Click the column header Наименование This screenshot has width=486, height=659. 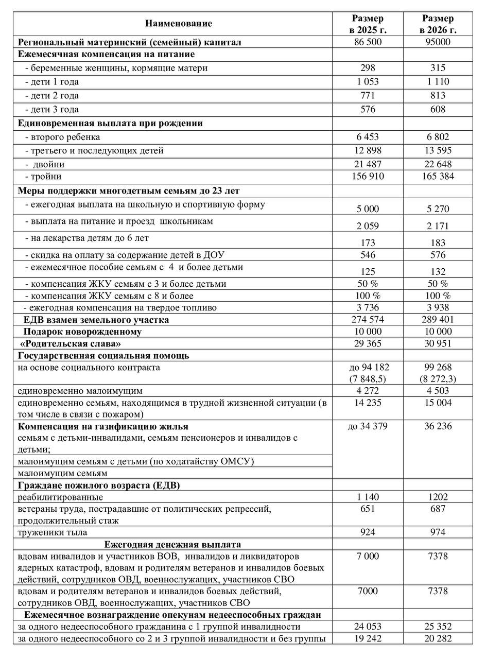(178, 24)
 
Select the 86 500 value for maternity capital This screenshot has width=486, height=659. (368, 42)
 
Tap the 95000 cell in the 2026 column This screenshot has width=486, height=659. (438, 42)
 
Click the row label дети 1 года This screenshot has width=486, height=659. (52, 82)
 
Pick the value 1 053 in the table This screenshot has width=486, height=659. (368, 82)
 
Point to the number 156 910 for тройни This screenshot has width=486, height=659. (368, 177)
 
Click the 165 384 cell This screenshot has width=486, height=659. (438, 177)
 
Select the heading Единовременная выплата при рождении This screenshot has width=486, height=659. (110, 124)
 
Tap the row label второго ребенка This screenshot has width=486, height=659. (62, 137)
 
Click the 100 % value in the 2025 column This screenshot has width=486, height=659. (368, 296)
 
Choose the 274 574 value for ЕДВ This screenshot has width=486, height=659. (368, 320)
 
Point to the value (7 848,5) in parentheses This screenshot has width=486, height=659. (368, 379)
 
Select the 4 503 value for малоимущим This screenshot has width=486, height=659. (438, 391)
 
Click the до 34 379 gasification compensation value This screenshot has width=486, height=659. (368, 426)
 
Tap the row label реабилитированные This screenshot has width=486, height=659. (60, 497)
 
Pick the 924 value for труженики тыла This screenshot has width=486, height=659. (368, 532)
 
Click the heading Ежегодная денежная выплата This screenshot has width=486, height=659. (172, 545)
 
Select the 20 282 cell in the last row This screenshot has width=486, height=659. (438, 639)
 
